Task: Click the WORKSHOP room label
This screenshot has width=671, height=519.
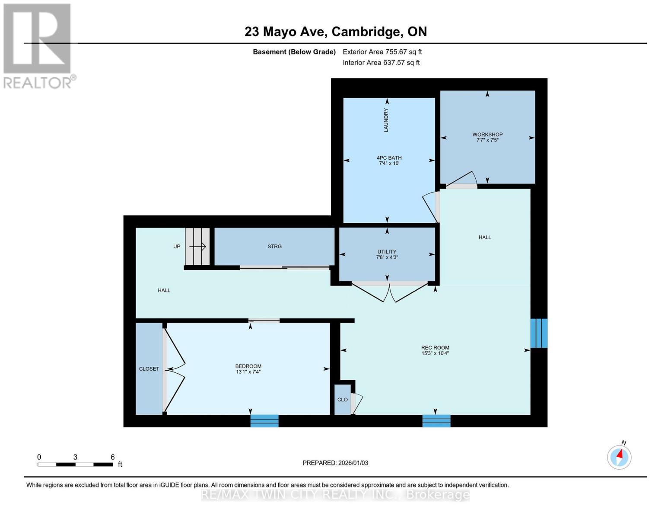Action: click(x=487, y=135)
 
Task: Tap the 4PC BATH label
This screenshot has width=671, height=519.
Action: click(x=389, y=158)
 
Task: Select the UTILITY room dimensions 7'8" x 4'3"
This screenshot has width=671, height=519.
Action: click(x=387, y=257)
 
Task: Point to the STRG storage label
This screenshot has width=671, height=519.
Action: click(x=274, y=247)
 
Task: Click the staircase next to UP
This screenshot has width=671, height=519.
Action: click(x=197, y=247)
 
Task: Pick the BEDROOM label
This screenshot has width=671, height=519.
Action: click(x=248, y=366)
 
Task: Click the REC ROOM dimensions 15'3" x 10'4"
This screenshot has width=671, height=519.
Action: click(x=435, y=353)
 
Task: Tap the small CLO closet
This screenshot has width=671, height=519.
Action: click(x=343, y=400)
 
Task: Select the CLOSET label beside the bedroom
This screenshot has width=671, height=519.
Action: click(x=149, y=369)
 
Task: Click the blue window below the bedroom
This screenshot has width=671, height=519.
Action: click(x=264, y=421)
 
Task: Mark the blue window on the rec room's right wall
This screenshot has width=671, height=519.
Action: click(x=539, y=333)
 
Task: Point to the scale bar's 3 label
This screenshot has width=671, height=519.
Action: click(x=75, y=457)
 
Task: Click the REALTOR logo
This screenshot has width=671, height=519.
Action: click(x=38, y=45)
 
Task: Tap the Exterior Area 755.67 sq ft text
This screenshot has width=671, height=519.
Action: click(x=382, y=52)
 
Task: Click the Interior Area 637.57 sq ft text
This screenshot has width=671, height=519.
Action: click(x=381, y=63)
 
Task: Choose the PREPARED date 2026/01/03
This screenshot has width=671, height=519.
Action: click(x=335, y=463)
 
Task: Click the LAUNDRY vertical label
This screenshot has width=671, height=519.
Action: click(x=386, y=120)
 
